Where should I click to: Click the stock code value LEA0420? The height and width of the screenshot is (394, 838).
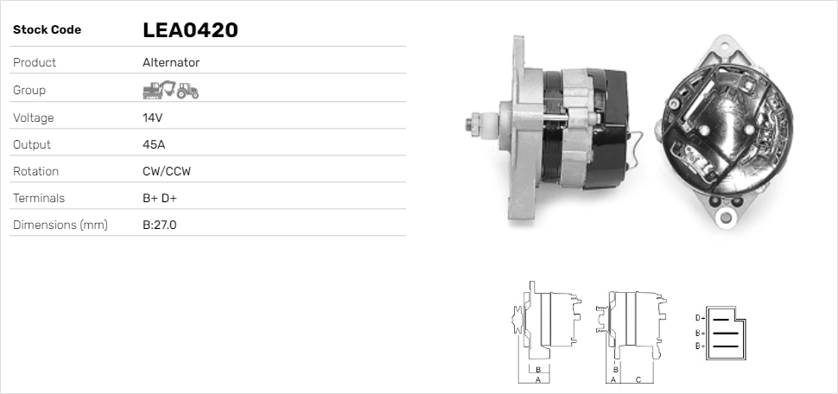[x=190, y=30]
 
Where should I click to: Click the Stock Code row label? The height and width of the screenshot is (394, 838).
[x=47, y=30]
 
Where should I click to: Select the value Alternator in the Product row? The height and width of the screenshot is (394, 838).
[x=171, y=62]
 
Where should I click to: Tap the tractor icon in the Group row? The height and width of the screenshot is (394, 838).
[x=187, y=90]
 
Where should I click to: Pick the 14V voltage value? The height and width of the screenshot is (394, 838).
[x=152, y=118]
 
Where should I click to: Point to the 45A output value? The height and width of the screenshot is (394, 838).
[x=154, y=144]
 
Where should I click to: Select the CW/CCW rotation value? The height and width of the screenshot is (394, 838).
[x=167, y=171]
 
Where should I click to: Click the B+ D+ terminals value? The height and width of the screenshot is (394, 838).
[x=164, y=198]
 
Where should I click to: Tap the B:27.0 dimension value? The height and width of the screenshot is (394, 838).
[x=160, y=226]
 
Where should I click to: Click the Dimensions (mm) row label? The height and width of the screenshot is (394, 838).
[x=60, y=226]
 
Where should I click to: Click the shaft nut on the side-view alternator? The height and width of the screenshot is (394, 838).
[x=473, y=123]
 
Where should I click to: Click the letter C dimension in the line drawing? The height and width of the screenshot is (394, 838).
[x=638, y=379]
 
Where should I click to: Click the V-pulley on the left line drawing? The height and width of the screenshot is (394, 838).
[x=518, y=319]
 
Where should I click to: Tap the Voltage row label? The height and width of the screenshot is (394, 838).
[x=34, y=118]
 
